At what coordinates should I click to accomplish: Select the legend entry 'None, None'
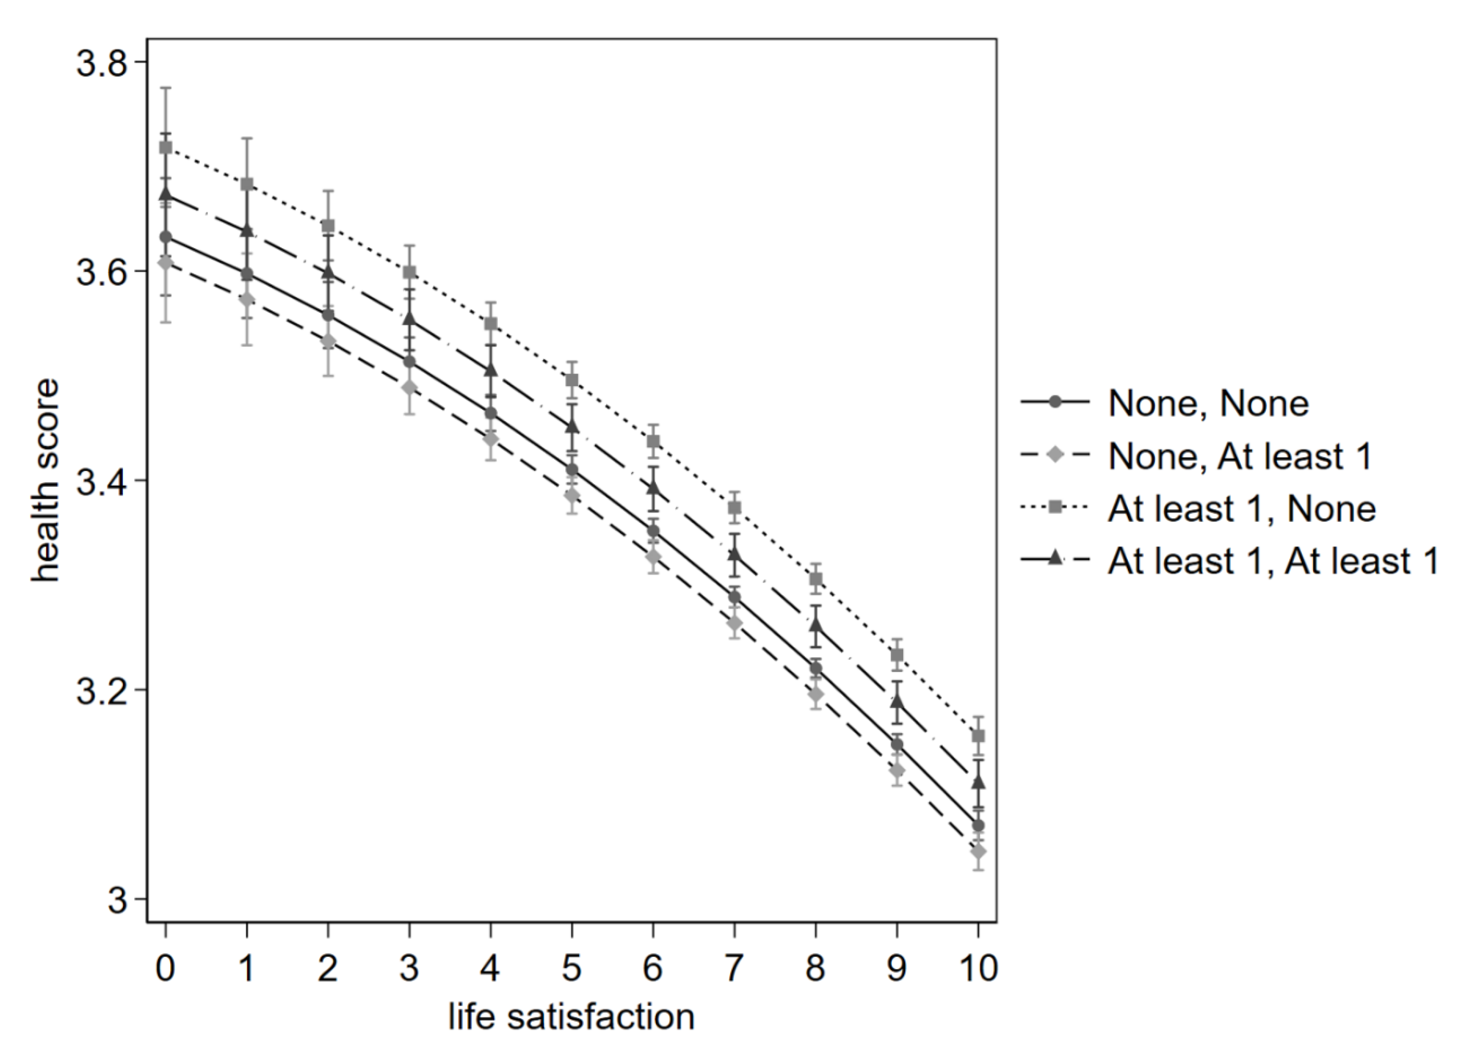click(1208, 404)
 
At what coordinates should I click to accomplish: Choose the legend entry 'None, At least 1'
click(1240, 456)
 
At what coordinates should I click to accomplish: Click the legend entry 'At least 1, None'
click(1241, 509)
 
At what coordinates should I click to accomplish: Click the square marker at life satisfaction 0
click(166, 147)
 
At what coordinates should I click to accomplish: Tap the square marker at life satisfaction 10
click(978, 736)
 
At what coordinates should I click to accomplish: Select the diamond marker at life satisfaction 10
click(978, 851)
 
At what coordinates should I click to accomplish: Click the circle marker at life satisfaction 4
click(491, 413)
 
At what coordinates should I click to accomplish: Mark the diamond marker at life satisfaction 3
click(409, 387)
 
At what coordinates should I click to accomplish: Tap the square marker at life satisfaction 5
click(572, 379)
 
